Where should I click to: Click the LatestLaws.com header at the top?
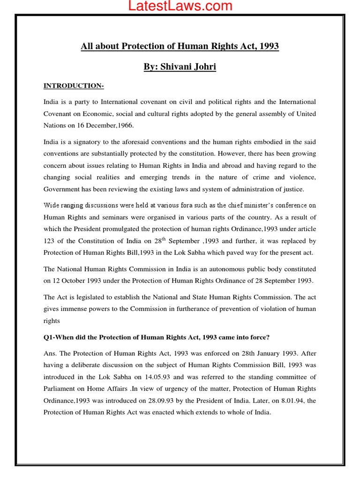pos(180,6)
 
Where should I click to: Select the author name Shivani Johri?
pos(188,67)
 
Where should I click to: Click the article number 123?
pos(50,241)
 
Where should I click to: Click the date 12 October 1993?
pos(77,281)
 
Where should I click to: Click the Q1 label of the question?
pos(49,337)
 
